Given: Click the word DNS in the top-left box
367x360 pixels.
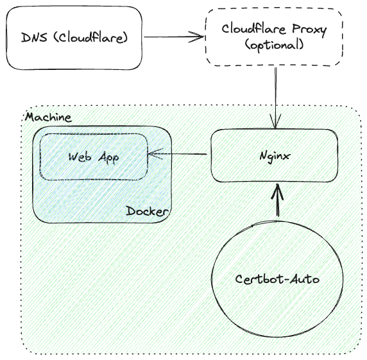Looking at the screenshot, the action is coord(34,37).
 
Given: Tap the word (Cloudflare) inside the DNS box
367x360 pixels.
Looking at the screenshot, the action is coord(90,37).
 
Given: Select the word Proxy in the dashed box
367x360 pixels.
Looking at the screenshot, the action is coord(309,30).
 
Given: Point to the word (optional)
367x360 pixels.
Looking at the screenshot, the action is coord(275,45).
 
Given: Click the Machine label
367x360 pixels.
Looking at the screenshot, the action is coord(48,117).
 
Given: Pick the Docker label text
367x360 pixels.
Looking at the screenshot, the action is coord(147,211).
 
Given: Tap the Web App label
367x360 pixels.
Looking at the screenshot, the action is coord(94,157).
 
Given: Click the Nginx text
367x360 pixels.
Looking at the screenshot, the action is coord(275,156).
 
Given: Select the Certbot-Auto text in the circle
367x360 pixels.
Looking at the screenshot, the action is coord(277,279).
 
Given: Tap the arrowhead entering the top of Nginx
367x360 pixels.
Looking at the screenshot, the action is coord(275,122).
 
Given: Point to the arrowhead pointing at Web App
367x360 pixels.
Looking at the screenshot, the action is coord(154,154).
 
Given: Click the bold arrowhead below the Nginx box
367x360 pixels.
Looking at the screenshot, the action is coord(278,191).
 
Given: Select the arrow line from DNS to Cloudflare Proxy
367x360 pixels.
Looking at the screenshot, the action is coord(175,37).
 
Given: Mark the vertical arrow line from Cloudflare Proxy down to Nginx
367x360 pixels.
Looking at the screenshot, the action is coord(275,98).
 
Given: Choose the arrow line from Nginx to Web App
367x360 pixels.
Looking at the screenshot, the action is coord(178,154).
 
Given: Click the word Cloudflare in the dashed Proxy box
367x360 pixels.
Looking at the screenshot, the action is coord(254,29).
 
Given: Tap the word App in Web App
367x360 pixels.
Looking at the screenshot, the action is coord(108,158).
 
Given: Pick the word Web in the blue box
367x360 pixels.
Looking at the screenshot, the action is coord(80,157).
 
